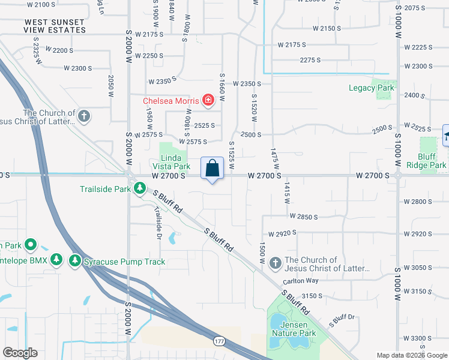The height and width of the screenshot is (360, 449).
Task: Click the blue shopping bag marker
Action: point(212,168)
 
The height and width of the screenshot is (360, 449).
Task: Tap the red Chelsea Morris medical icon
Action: point(208,100)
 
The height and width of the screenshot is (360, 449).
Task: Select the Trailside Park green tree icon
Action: point(139,189)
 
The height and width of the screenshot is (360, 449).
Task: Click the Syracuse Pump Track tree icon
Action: point(74,261)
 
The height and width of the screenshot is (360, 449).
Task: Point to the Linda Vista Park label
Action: point(175,162)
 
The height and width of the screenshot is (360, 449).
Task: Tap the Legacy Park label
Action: point(372,88)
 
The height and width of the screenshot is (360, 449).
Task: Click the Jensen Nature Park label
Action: point(294,328)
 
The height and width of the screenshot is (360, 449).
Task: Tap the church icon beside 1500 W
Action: point(275,263)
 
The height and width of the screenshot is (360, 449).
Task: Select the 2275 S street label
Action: point(310,60)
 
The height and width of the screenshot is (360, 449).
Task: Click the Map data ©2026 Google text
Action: point(411,355)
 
